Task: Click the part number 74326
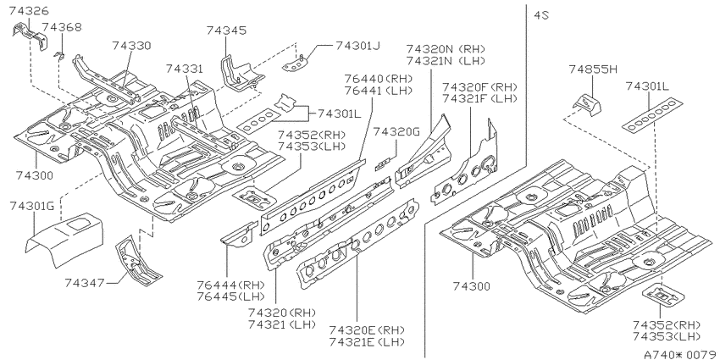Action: pyautogui.click(x=29, y=10)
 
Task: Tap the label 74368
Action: pyautogui.click(x=62, y=27)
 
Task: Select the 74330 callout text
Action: pyautogui.click(x=131, y=46)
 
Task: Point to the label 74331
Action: pyautogui.click(x=184, y=69)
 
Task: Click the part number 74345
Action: pyautogui.click(x=226, y=30)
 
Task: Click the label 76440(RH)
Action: pyautogui.click(x=379, y=79)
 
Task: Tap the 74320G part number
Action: pyautogui.click(x=396, y=132)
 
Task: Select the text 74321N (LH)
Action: pyautogui.click(x=446, y=61)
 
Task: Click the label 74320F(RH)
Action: pyautogui.click(x=479, y=86)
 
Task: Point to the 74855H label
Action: pyautogui.click(x=593, y=69)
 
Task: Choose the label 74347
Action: pyautogui.click(x=84, y=282)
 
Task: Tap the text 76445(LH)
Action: pyautogui.click(x=231, y=296)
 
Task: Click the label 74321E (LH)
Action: pyautogui.click(x=367, y=342)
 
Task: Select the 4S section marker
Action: pyautogui.click(x=541, y=15)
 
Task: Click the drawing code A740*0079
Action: pyautogui.click(x=680, y=354)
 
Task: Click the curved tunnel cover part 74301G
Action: pyautogui.click(x=64, y=238)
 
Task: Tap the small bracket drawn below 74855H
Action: pyautogui.click(x=587, y=104)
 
